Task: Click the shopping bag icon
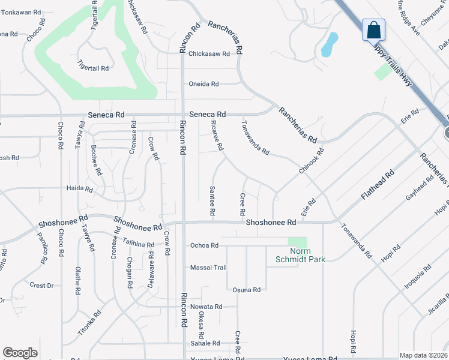click(x=373, y=29)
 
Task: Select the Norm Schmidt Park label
click(x=299, y=255)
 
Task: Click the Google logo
click(x=20, y=352)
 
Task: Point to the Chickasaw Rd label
click(x=209, y=53)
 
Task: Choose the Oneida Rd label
click(x=204, y=84)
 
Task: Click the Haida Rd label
click(x=80, y=188)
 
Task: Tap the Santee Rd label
click(x=212, y=200)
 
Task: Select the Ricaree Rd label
click(x=217, y=134)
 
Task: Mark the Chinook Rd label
click(x=312, y=161)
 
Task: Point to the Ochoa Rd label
click(x=204, y=245)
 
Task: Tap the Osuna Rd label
click(x=246, y=290)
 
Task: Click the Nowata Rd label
click(x=206, y=307)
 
